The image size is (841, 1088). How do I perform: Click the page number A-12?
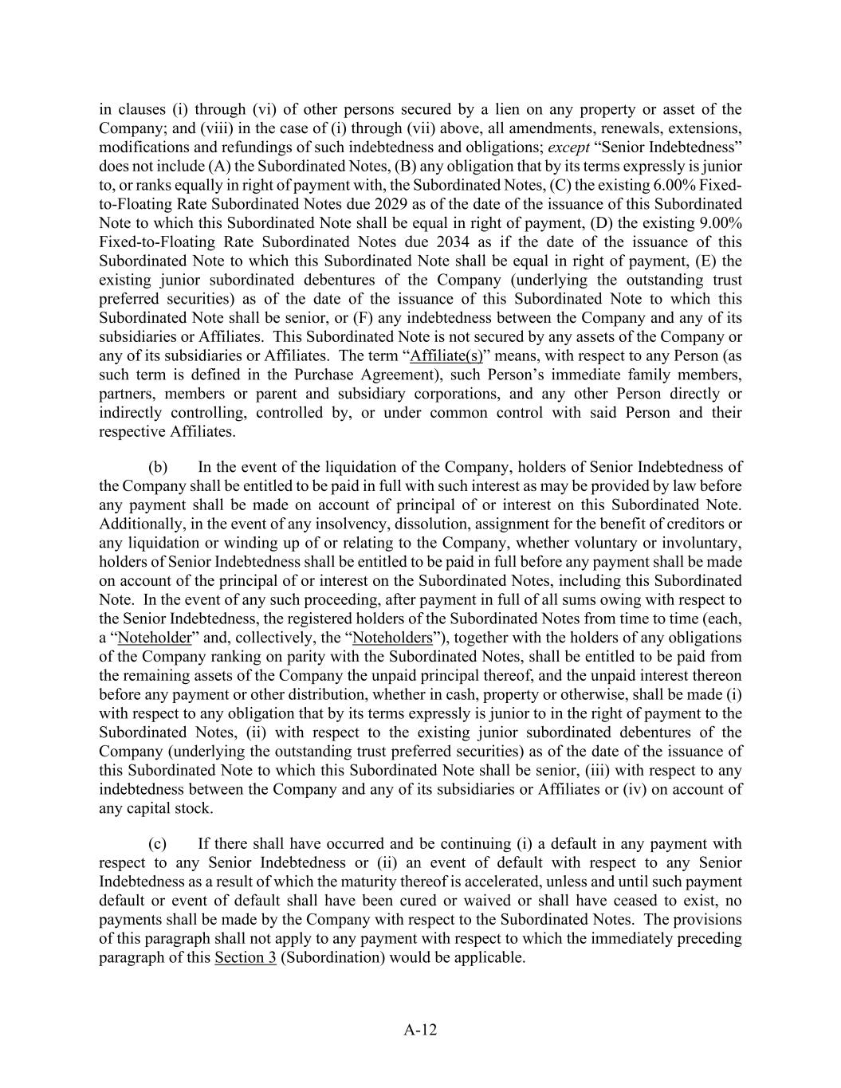(x=420, y=1030)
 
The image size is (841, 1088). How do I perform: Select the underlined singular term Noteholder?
(x=155, y=638)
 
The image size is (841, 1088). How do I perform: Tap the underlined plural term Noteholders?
(x=392, y=638)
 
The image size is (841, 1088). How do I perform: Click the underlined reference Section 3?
(x=246, y=957)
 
